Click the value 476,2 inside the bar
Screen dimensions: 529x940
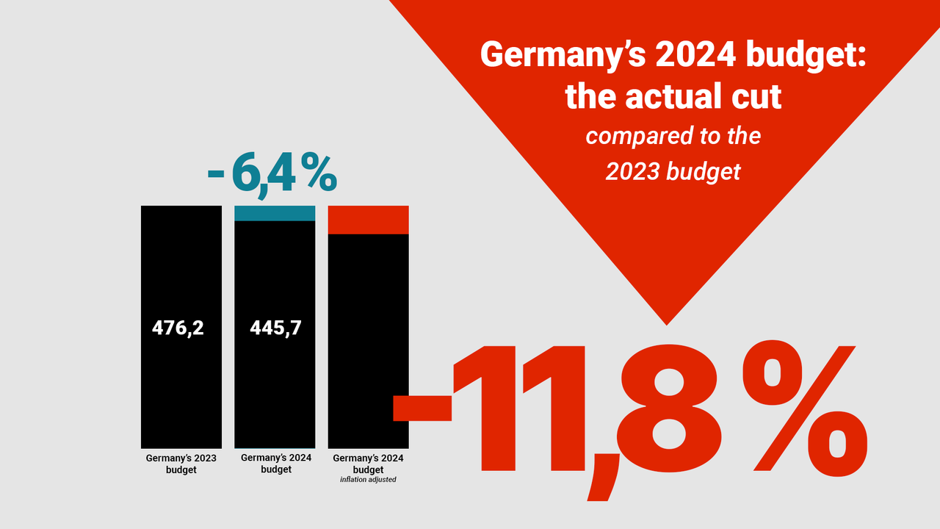click(178, 328)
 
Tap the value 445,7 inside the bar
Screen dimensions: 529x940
click(275, 328)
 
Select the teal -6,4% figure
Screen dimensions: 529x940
click(272, 173)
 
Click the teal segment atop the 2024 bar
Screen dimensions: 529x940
click(275, 213)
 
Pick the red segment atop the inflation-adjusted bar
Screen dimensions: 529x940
click(368, 220)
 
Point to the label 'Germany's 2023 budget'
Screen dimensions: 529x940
click(181, 464)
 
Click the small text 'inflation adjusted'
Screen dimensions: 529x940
click(368, 480)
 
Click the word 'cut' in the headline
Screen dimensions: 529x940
click(752, 97)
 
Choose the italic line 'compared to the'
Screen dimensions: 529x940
click(673, 137)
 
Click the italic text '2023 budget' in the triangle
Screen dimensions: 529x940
click(673, 171)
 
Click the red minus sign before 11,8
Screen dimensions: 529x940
click(422, 408)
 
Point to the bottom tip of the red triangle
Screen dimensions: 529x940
click(666, 323)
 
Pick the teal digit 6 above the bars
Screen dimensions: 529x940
click(244, 173)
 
